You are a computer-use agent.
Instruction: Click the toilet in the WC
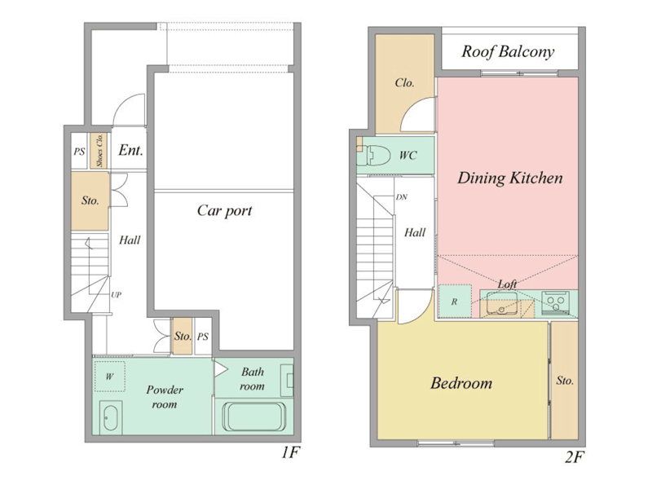(x=374, y=155)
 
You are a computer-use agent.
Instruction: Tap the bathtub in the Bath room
(x=254, y=417)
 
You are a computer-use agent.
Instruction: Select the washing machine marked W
(x=110, y=377)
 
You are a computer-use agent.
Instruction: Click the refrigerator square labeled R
(x=455, y=301)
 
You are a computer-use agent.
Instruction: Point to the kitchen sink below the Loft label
(x=502, y=302)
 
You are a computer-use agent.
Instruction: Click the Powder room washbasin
(x=111, y=417)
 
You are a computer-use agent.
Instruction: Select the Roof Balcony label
(x=508, y=51)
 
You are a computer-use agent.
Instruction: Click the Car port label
(x=225, y=211)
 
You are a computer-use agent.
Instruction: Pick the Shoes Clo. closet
(x=99, y=151)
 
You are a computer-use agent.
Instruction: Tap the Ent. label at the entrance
(x=130, y=150)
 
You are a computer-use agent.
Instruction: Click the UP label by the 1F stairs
(x=116, y=295)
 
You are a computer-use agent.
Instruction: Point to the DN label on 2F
(x=401, y=197)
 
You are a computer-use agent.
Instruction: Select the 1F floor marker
(x=290, y=452)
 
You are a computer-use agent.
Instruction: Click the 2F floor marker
(x=575, y=457)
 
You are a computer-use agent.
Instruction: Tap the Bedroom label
(x=461, y=383)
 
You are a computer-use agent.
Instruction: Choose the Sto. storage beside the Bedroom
(x=564, y=381)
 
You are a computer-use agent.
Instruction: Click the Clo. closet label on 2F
(x=404, y=83)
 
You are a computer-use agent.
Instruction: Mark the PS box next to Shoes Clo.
(x=79, y=151)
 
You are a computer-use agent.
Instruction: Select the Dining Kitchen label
(x=510, y=178)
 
